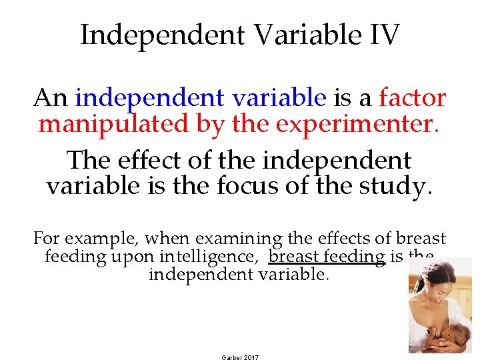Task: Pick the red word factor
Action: [x=413, y=98]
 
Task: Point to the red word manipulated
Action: [x=104, y=123]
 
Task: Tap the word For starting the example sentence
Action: [x=47, y=239]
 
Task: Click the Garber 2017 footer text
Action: [x=240, y=357]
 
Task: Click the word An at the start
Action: [x=51, y=98]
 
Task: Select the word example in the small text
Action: [x=97, y=239]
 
